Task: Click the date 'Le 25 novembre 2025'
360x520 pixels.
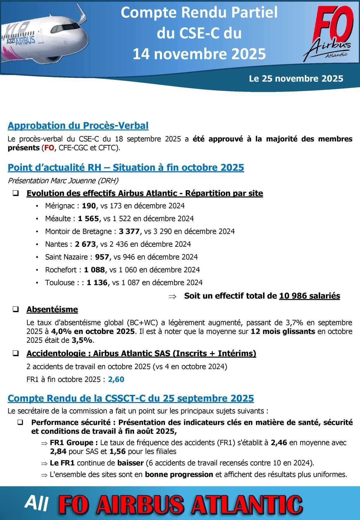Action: (296, 79)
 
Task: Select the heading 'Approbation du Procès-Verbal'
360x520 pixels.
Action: (78, 126)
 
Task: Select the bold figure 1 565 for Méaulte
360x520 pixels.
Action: (88, 219)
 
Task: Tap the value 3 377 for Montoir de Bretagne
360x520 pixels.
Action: (129, 231)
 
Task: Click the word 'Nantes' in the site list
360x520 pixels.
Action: (56, 244)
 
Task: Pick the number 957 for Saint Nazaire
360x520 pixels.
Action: (102, 257)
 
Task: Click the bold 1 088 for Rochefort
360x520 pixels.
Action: (94, 270)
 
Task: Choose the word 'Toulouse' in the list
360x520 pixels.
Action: (60, 283)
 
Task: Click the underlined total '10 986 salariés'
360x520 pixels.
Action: (309, 296)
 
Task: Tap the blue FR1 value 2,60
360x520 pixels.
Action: (116, 380)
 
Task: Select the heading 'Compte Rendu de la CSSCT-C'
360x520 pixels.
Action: (130, 398)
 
